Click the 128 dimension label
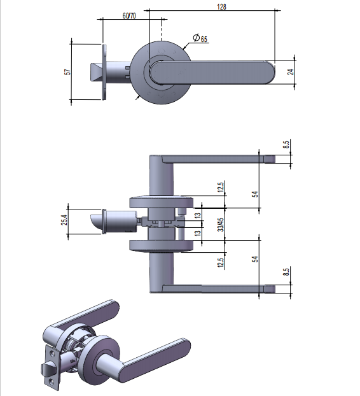pos(221,6)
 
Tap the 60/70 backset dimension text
pos(129,16)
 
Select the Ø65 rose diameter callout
pos(200,38)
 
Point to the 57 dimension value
pos(68,72)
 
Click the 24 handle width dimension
pos(291,72)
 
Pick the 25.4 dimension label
pos(65,220)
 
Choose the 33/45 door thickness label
pos(221,225)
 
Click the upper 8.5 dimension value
pos(286,145)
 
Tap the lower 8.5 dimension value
pos(286,272)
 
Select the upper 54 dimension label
pos(255,194)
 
